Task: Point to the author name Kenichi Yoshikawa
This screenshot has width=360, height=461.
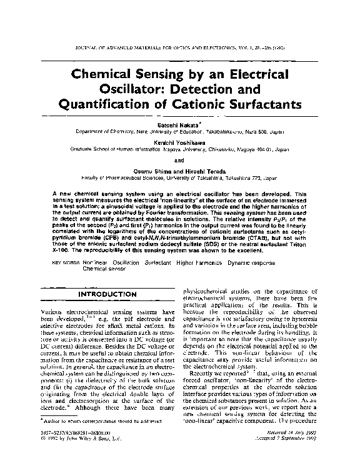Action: click(x=179, y=142)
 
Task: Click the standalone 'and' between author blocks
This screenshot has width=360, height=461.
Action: click(x=180, y=159)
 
